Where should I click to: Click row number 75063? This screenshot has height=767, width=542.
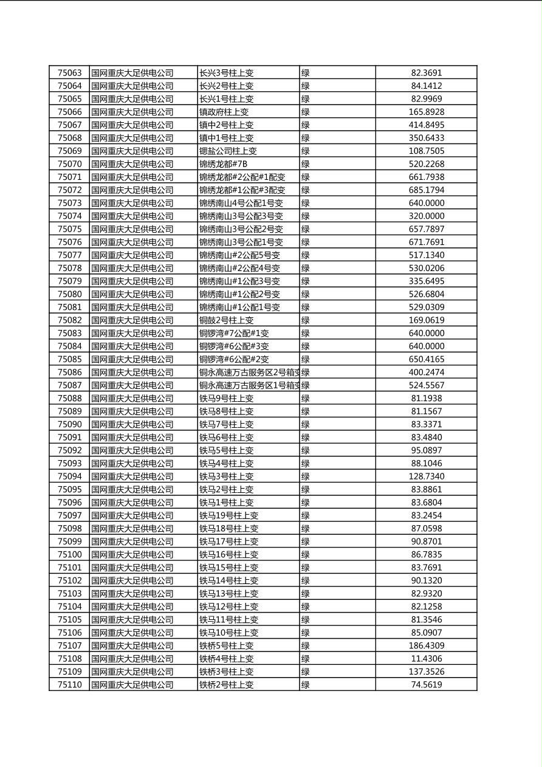click(x=69, y=73)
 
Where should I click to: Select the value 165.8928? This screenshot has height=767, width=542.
click(x=426, y=112)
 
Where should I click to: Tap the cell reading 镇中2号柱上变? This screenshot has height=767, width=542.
click(x=227, y=125)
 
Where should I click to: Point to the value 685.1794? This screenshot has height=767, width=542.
click(x=426, y=190)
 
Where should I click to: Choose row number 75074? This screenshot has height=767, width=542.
click(x=69, y=216)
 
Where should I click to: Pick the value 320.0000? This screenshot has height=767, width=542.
click(x=426, y=216)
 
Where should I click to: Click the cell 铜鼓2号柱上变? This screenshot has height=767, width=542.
click(x=227, y=320)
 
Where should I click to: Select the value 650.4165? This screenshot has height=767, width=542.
click(x=426, y=359)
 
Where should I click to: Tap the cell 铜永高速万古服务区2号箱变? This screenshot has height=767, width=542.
click(x=249, y=373)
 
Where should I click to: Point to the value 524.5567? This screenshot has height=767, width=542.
click(x=426, y=385)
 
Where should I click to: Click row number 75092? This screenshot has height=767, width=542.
click(x=69, y=450)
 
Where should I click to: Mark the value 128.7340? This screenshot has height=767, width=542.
click(x=426, y=476)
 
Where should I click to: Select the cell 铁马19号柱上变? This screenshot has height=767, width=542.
click(x=229, y=515)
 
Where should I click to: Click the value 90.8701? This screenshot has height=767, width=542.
click(x=426, y=542)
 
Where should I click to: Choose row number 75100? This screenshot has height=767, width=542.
click(x=69, y=554)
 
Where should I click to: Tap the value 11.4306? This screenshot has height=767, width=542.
click(x=426, y=659)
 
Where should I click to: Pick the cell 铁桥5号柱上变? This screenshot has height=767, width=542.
click(x=227, y=645)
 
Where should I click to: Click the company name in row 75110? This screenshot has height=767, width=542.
click(x=132, y=685)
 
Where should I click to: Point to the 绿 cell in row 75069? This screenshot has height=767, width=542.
click(x=306, y=151)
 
